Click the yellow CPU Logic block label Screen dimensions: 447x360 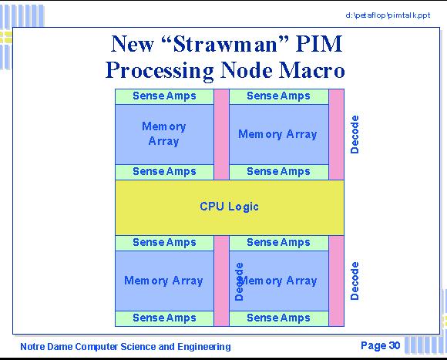tap(229, 207)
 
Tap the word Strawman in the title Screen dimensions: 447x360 tap(225, 44)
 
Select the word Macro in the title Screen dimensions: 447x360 tap(311, 70)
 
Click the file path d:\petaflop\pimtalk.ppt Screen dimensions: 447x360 tap(388, 15)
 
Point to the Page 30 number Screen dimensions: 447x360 tap(380, 345)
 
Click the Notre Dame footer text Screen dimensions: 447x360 tap(126, 347)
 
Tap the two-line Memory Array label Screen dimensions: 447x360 tap(164, 133)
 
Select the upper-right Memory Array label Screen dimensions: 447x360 tap(277, 134)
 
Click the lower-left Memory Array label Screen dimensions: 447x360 tap(163, 281)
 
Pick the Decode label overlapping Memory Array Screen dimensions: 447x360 tap(239, 281)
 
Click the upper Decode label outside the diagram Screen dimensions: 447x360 tap(355, 135)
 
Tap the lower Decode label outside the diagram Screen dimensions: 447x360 tap(355, 281)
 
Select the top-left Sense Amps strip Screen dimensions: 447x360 tap(164, 96)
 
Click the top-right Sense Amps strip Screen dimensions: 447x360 tap(279, 96)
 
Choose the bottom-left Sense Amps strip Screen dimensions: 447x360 tap(164, 318)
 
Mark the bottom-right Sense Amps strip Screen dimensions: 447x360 tap(279, 318)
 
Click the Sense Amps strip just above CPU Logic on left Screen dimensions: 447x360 tap(164, 172)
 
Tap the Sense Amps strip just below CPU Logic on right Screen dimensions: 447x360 tap(279, 243)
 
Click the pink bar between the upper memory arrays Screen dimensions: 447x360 tap(221, 135)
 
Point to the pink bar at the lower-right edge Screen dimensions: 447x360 tap(336, 281)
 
